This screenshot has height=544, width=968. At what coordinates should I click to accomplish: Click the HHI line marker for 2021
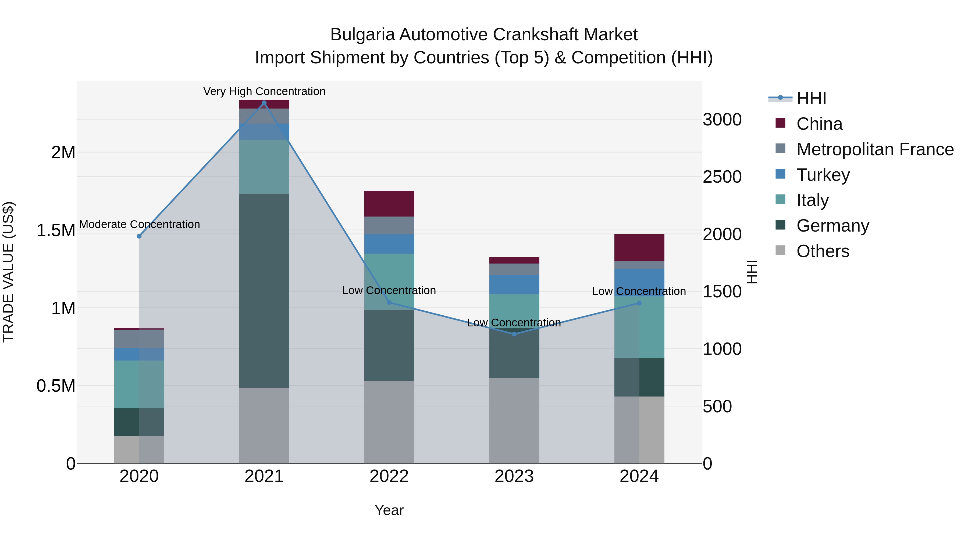click(x=264, y=103)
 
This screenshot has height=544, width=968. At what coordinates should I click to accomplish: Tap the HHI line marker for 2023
click(x=514, y=334)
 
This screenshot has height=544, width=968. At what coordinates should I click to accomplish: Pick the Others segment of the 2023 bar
click(x=514, y=420)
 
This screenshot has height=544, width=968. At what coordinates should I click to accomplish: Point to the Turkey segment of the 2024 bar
click(x=639, y=282)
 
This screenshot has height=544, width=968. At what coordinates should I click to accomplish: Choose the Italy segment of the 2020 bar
click(x=139, y=384)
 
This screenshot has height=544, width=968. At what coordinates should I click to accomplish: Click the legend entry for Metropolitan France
click(x=875, y=149)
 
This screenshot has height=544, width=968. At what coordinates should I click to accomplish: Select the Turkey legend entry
click(x=823, y=175)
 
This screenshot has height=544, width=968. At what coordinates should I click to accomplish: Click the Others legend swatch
click(x=781, y=250)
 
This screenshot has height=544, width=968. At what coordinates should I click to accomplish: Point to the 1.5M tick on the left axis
click(x=56, y=230)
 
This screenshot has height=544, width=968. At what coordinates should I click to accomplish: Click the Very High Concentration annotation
click(x=264, y=91)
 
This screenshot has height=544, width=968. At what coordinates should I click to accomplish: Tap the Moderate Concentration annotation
click(x=139, y=224)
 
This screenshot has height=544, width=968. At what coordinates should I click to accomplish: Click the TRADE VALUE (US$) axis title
click(x=8, y=272)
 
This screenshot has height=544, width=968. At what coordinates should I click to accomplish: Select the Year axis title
click(x=389, y=510)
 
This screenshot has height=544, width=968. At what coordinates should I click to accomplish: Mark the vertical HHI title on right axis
click(x=751, y=272)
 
